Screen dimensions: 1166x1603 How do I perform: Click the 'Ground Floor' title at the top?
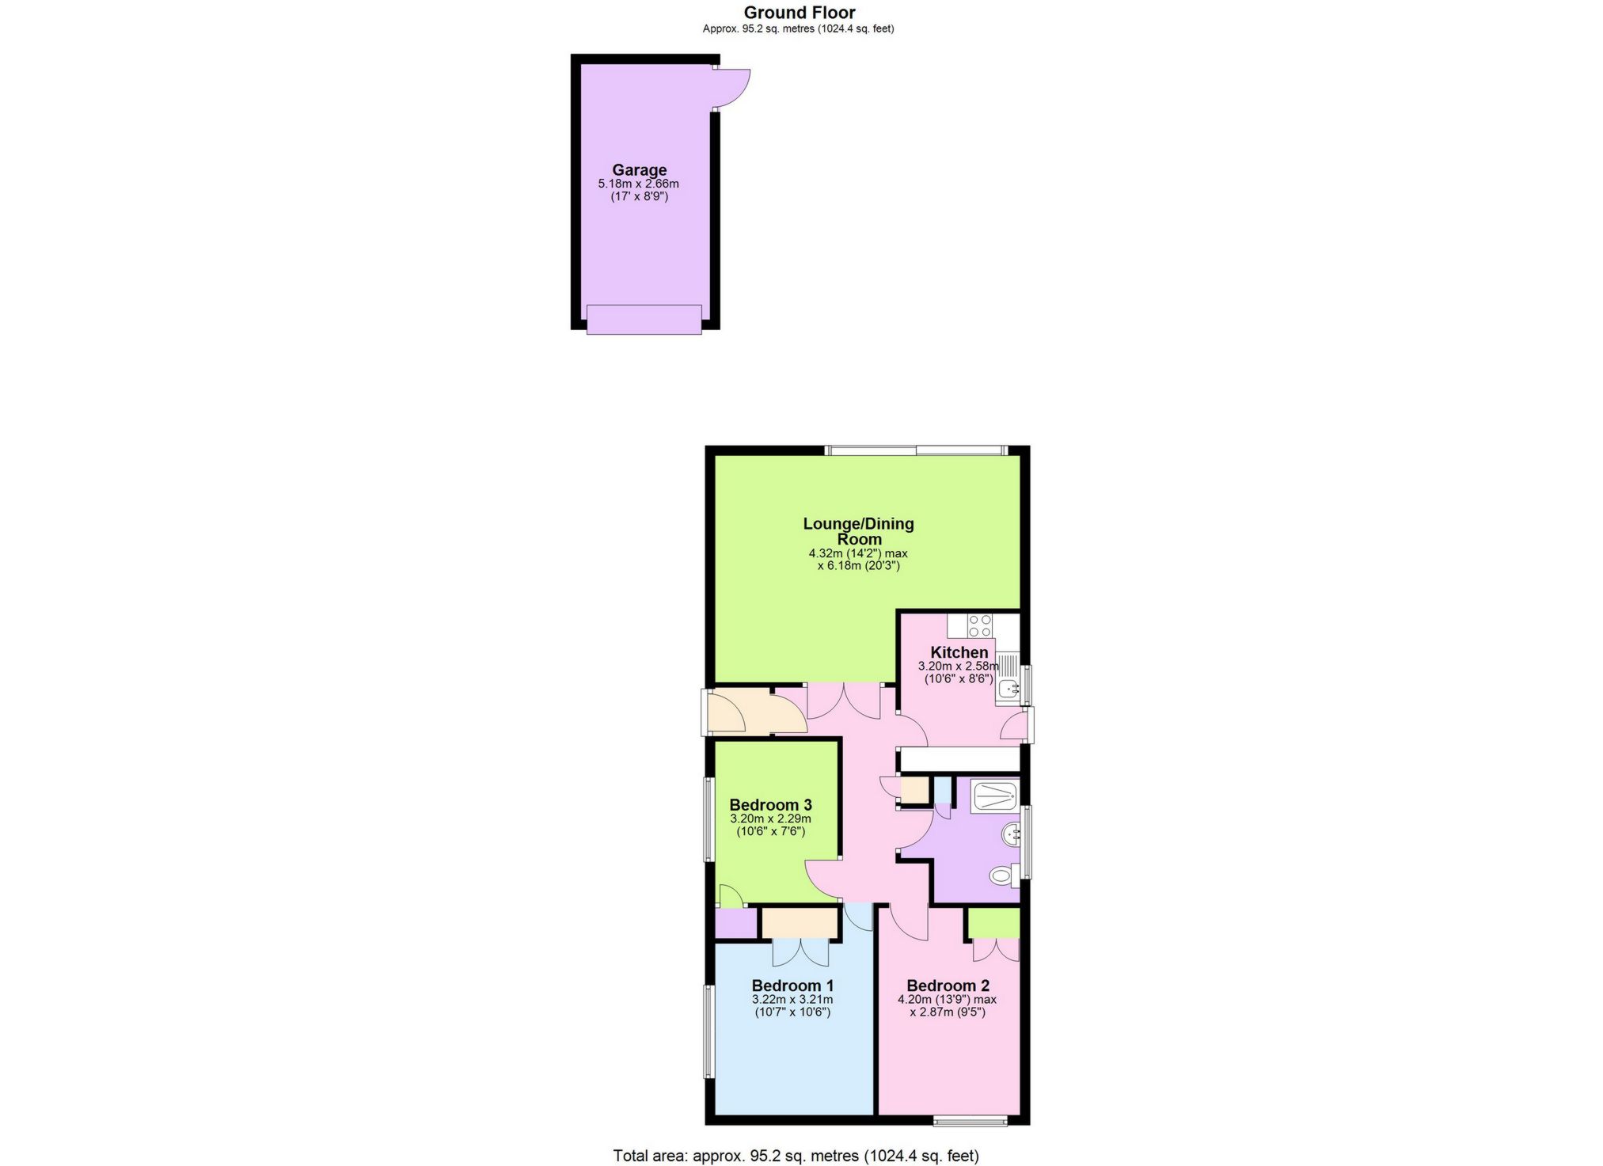tap(799, 13)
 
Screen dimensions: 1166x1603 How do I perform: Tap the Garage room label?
tap(639, 169)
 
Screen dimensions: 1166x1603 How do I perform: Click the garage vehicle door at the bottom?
tap(644, 319)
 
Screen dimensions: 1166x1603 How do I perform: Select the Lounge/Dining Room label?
tap(858, 530)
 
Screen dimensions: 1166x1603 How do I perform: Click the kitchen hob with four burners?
tap(980, 625)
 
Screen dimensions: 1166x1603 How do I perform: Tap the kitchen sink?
tap(1008, 688)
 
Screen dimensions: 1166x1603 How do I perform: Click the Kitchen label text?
tap(959, 652)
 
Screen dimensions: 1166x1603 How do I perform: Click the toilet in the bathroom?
tap(1002, 875)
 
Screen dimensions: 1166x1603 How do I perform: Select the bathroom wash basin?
tap(1011, 834)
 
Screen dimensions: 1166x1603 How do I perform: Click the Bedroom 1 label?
tap(792, 986)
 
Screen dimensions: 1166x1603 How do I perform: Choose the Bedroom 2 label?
tap(948, 986)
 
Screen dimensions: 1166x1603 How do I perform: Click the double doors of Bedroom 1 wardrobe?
tap(802, 951)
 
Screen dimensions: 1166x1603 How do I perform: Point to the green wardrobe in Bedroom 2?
tap(993, 922)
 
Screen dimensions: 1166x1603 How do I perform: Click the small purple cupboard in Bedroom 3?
tap(735, 923)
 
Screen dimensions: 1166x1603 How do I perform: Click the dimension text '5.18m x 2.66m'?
tap(638, 184)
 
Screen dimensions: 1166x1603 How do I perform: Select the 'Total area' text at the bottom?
tap(796, 1156)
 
